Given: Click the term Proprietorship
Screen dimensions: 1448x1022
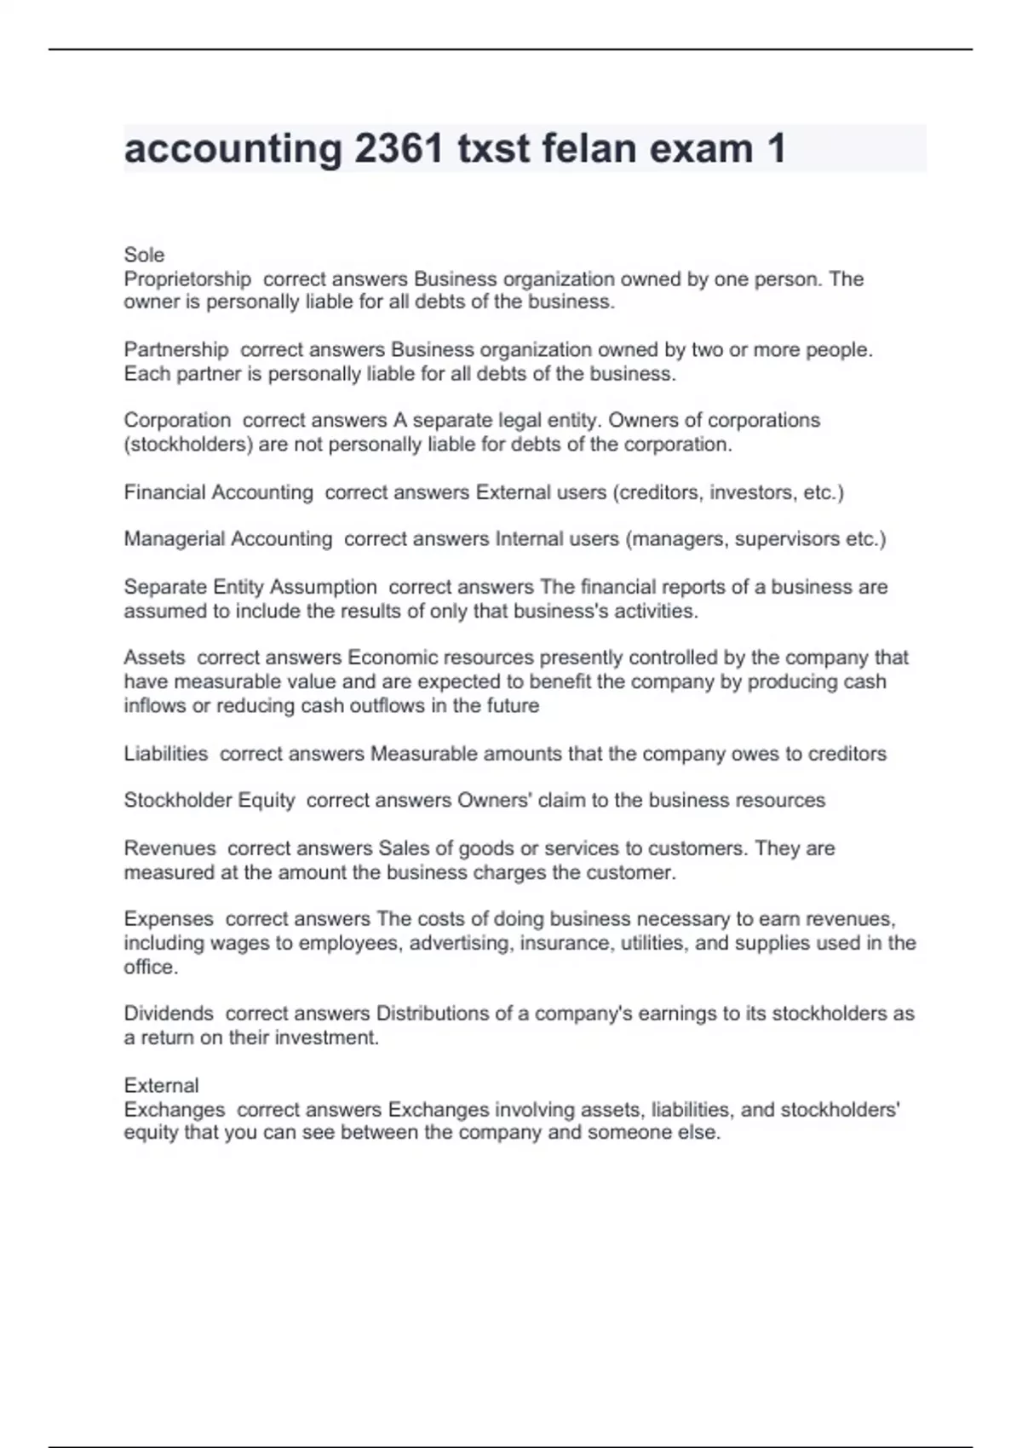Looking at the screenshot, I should click(187, 279).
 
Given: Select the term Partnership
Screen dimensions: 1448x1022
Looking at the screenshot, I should click(176, 349).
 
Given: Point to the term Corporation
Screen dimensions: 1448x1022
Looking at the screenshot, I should click(177, 420).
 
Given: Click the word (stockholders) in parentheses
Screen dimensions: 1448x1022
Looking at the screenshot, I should click(187, 444).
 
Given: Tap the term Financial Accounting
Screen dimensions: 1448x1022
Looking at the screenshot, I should click(218, 492).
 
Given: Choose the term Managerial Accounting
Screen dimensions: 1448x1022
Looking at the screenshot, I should click(228, 539).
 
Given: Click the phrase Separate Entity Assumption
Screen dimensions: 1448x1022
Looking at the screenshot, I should click(250, 587).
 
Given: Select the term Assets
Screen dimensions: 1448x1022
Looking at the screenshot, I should click(154, 658).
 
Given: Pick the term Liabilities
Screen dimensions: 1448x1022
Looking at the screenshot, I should click(166, 754).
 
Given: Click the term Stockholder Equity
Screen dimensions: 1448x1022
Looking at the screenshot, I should click(210, 801).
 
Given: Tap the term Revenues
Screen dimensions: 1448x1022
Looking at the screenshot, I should click(169, 848).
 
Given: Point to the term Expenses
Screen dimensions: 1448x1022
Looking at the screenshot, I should click(169, 919).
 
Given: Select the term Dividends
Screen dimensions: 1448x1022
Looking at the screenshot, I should click(169, 1014).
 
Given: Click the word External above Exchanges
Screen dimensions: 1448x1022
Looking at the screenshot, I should click(161, 1085).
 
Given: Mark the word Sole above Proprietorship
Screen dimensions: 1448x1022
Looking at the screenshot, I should click(144, 255).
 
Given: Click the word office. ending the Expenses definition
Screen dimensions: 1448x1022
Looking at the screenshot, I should click(151, 967).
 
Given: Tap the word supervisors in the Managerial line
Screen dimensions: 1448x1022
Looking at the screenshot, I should click(787, 539).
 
